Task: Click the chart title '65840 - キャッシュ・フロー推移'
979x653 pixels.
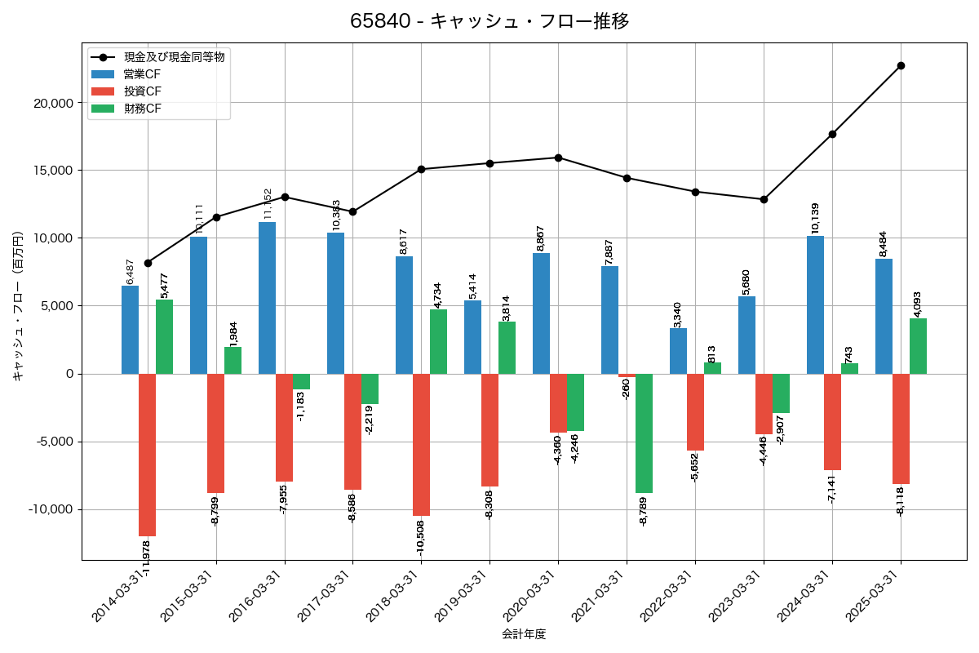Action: click(489, 21)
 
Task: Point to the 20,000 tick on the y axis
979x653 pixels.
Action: click(51, 103)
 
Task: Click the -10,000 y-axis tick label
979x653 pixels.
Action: click(48, 509)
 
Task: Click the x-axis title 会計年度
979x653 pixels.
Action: click(523, 634)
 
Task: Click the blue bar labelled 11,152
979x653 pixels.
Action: click(268, 298)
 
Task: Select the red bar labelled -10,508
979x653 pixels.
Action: click(421, 445)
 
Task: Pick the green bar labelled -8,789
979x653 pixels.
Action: click(644, 433)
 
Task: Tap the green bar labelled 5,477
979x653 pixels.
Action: click(165, 336)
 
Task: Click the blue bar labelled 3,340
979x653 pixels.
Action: click(679, 351)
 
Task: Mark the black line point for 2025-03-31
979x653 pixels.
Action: click(901, 65)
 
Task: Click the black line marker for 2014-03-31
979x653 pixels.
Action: click(148, 263)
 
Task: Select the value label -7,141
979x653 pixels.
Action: click(832, 486)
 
